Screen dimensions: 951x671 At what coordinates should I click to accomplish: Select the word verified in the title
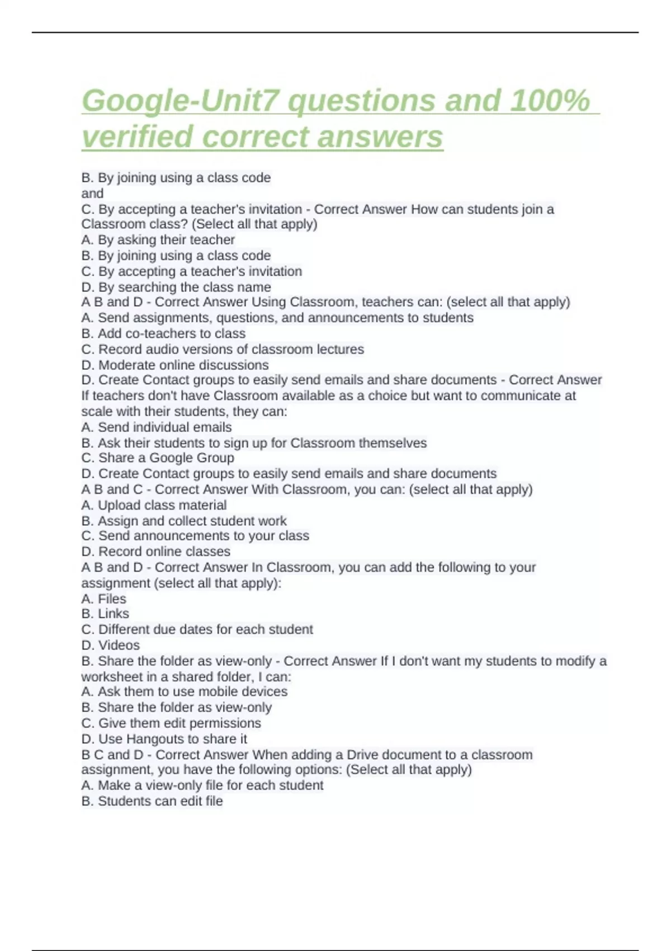click(x=138, y=137)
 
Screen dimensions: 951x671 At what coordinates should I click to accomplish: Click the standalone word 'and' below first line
click(x=92, y=194)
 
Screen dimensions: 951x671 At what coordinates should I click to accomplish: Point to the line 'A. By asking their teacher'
click(x=158, y=240)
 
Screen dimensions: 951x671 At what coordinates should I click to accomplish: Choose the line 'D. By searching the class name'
click(x=176, y=287)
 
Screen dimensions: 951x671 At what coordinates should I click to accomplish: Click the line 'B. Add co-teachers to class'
click(x=163, y=333)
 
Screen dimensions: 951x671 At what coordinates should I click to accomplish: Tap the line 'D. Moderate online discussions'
click(x=174, y=365)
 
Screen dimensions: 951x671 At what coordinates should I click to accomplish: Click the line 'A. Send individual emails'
click(x=156, y=427)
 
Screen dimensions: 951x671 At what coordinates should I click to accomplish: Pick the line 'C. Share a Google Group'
click(x=158, y=458)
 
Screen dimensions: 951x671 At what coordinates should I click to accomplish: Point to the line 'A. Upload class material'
click(x=154, y=505)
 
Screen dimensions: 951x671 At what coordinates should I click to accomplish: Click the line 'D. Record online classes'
click(x=155, y=552)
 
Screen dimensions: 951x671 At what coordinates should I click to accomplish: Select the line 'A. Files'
click(x=103, y=599)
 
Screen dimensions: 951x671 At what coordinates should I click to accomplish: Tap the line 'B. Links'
click(x=105, y=614)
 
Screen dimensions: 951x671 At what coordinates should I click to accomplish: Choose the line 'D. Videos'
click(x=110, y=645)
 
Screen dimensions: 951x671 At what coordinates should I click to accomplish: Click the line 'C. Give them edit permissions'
click(x=171, y=723)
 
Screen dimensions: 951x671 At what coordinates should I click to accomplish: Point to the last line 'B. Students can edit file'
click(x=152, y=801)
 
